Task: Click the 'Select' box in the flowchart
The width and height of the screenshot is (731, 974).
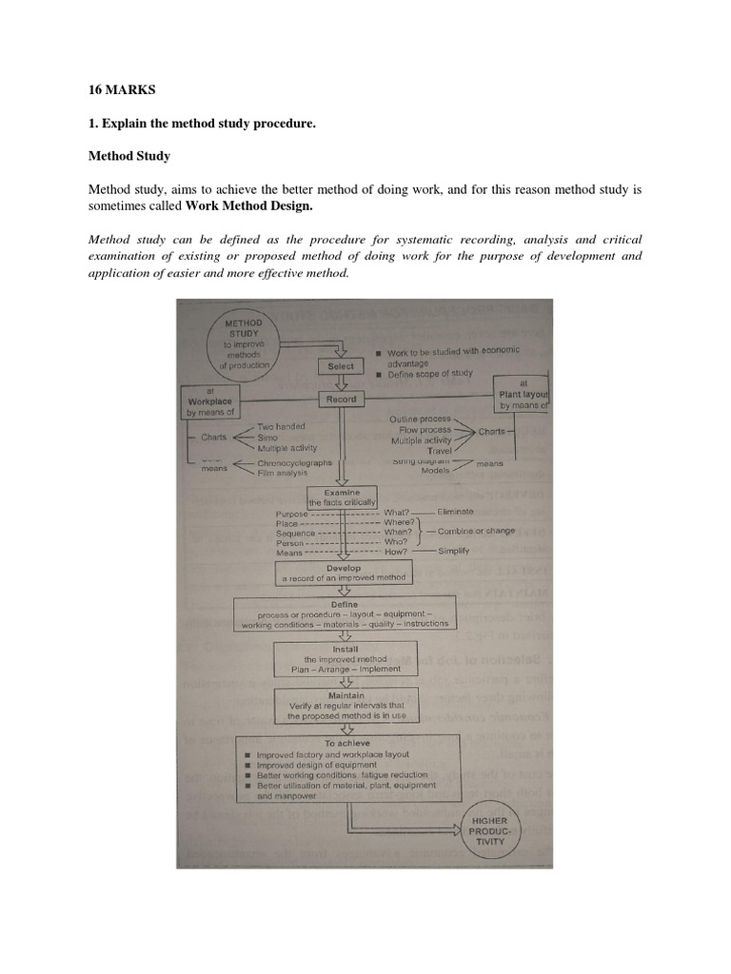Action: click(x=340, y=365)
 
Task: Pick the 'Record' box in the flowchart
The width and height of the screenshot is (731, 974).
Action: click(x=340, y=399)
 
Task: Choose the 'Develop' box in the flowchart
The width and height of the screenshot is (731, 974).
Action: click(x=343, y=573)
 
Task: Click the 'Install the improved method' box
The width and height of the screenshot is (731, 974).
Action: click(x=340, y=657)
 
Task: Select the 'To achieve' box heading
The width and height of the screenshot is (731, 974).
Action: click(x=347, y=743)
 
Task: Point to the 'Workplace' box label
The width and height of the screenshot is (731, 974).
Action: click(x=210, y=401)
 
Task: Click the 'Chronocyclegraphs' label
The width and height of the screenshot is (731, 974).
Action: click(x=295, y=462)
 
